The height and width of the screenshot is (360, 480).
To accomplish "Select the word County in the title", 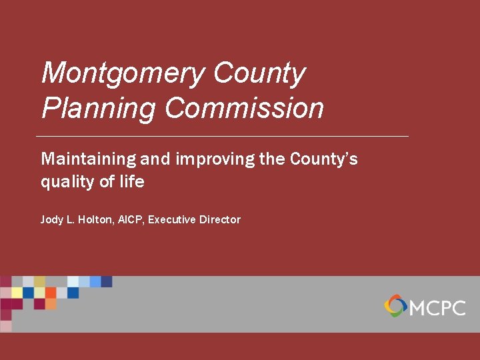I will click(x=259, y=73).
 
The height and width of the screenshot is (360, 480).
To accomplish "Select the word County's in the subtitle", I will click(x=324, y=159).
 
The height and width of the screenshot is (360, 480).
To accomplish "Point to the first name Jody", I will click(x=52, y=219).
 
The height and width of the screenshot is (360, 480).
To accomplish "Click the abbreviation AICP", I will click(x=132, y=219).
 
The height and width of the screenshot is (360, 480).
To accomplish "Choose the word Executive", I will click(x=172, y=219).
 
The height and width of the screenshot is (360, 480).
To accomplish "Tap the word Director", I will click(x=220, y=219).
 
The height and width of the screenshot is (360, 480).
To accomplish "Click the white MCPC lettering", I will click(x=437, y=307).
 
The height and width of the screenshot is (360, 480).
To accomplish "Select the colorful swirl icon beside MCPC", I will click(x=395, y=306).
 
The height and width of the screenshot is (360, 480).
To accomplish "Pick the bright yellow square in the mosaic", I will click(x=17, y=293).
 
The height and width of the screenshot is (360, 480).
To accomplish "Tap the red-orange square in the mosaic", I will click(x=51, y=293).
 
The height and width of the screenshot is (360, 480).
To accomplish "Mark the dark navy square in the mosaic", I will click(x=107, y=281).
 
